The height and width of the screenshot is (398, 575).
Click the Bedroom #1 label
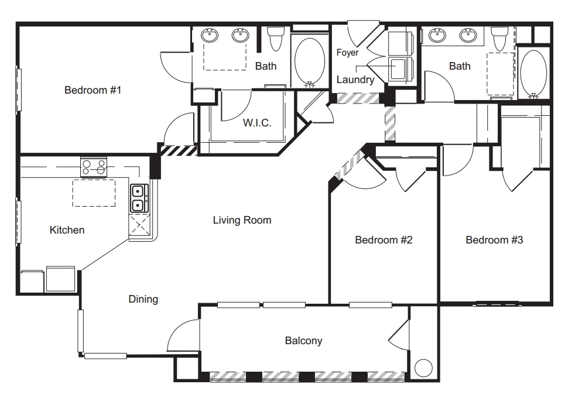(x=93, y=90)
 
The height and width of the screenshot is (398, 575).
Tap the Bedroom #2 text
(x=384, y=240)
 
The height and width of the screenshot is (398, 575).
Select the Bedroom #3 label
(x=494, y=240)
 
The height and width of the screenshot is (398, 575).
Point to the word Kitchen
(x=67, y=230)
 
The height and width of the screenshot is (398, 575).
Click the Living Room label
(x=242, y=220)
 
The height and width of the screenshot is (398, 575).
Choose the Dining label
(x=143, y=299)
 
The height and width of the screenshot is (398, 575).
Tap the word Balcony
(x=303, y=341)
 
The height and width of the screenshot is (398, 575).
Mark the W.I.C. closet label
(x=257, y=123)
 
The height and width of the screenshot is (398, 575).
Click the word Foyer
(x=347, y=53)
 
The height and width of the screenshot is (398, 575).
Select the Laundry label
(x=355, y=80)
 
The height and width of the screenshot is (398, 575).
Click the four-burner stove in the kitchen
(x=94, y=166)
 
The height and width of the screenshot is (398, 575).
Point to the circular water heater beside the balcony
(x=423, y=368)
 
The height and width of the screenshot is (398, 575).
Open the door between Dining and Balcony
(x=183, y=337)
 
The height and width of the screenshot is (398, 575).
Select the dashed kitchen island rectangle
(x=94, y=193)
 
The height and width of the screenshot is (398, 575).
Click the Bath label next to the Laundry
(x=460, y=66)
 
